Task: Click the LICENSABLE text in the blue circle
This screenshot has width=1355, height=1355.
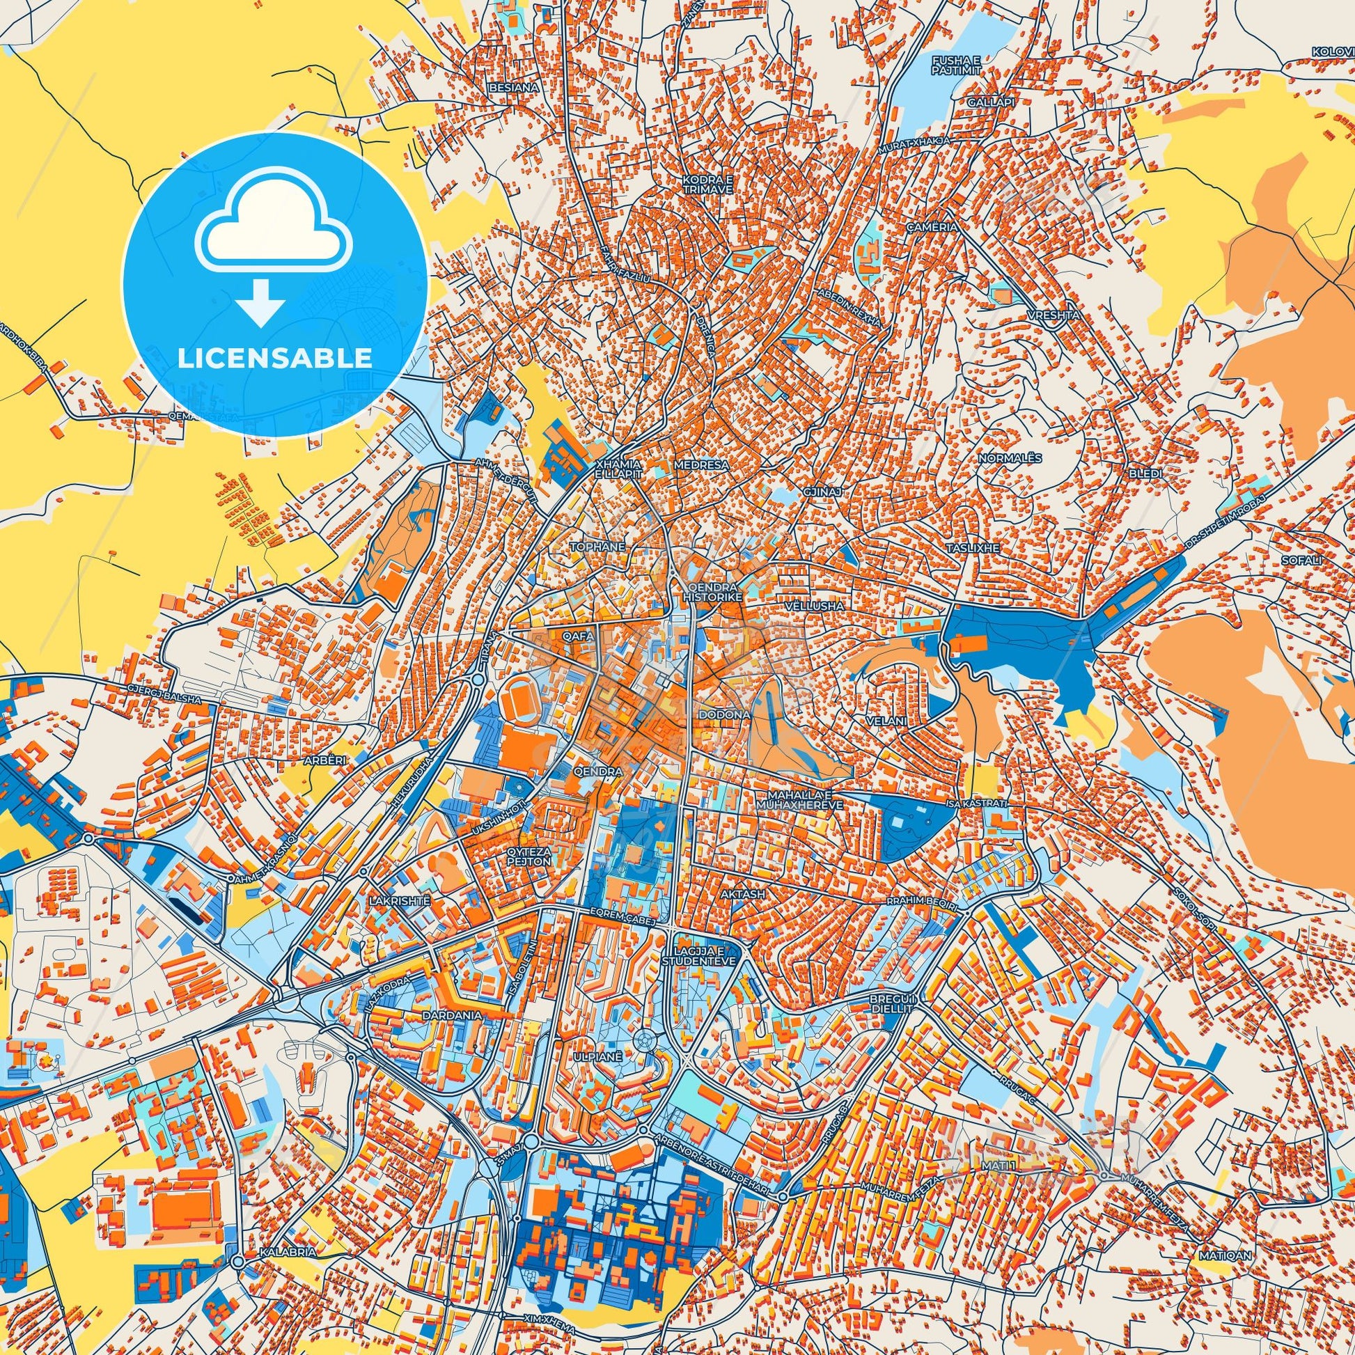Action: (x=274, y=359)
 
